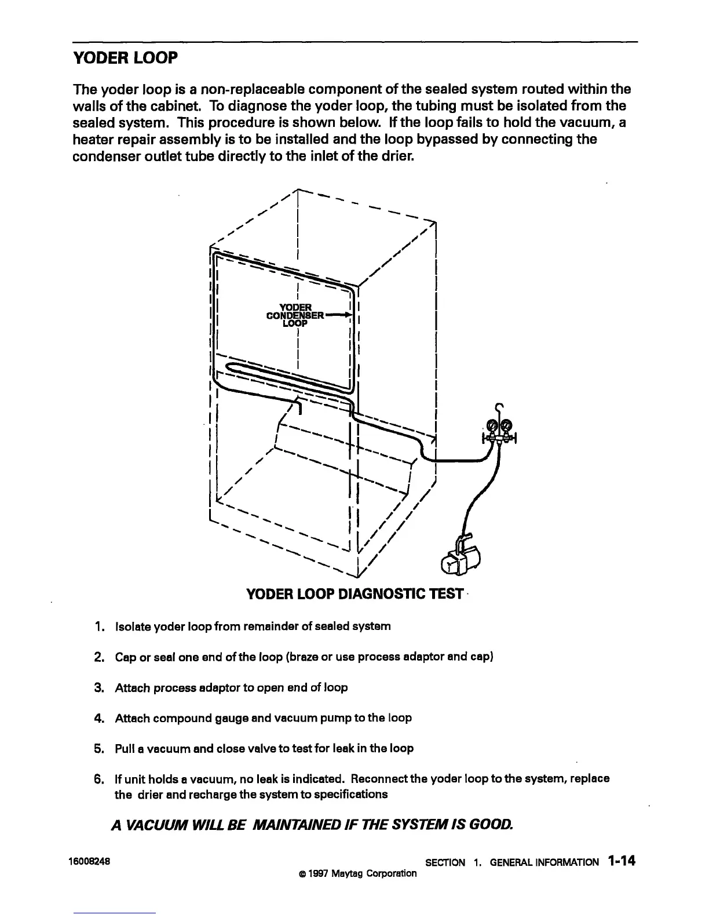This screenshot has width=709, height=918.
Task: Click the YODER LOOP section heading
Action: [x=125, y=58]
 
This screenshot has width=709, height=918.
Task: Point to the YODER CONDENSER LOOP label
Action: [x=295, y=315]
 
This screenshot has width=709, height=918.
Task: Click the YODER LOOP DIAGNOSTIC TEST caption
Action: [x=355, y=595]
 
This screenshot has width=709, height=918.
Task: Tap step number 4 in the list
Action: [x=98, y=718]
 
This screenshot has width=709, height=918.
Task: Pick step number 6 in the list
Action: [x=98, y=778]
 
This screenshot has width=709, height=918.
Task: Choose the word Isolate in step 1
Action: [x=132, y=626]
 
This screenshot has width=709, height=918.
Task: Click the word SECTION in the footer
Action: [x=445, y=862]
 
